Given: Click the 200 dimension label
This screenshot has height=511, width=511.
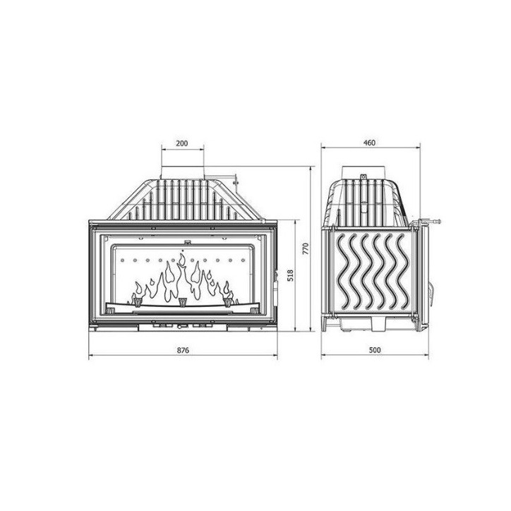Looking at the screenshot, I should (181, 143).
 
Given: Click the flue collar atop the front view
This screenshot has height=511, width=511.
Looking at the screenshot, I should (182, 173).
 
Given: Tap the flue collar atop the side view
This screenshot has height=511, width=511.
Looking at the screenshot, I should (366, 172).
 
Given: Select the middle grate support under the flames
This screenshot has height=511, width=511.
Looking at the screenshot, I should (183, 303).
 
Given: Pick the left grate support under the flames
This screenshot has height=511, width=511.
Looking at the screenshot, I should (138, 301).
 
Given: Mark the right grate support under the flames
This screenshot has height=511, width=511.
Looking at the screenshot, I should (227, 301).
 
